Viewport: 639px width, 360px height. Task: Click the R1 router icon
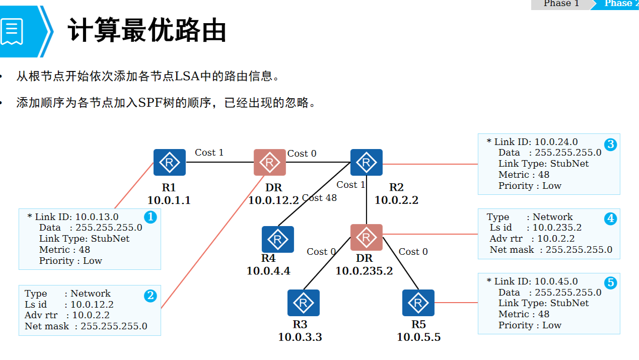tap(169, 162)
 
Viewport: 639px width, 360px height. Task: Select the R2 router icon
tap(366, 162)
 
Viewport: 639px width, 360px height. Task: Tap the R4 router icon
tap(277, 239)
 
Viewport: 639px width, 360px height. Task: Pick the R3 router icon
tap(304, 303)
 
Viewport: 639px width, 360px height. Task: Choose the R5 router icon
tap(418, 303)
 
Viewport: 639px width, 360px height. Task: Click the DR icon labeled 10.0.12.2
tap(269, 162)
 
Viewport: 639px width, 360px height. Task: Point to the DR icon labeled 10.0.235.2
tap(366, 237)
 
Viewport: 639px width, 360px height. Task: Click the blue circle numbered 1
tap(150, 217)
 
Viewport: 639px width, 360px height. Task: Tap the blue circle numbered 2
tap(150, 296)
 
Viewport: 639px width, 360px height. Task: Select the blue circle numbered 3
tap(610, 145)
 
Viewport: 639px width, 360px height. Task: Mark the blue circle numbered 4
tap(610, 219)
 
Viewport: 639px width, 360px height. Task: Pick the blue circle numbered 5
tap(610, 283)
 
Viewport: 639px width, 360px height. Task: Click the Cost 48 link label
tap(319, 198)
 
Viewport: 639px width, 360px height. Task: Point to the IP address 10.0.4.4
tap(268, 271)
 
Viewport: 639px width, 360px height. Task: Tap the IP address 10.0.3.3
tap(300, 337)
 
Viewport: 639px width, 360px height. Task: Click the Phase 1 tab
tap(561, 4)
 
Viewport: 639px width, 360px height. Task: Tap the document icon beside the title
tap(12, 31)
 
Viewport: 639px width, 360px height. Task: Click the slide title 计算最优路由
tap(147, 31)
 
